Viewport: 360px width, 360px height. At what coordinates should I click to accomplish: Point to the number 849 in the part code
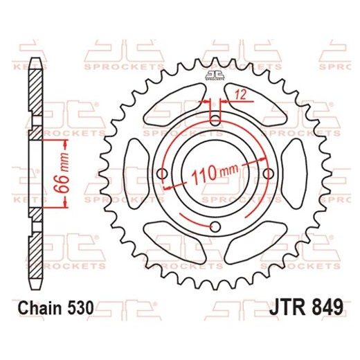click(x=324, y=305)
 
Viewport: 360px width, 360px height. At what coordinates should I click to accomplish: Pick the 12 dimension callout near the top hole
click(x=239, y=95)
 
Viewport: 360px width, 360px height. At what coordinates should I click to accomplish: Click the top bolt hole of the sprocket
click(x=215, y=120)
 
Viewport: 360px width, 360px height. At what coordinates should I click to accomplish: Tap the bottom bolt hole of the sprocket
click(x=215, y=228)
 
